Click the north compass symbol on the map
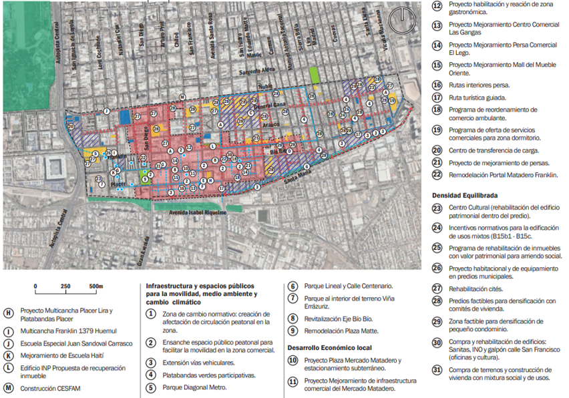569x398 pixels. tap(403, 20)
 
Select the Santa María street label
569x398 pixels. tap(297, 178)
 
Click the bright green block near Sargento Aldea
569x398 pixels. tap(315, 75)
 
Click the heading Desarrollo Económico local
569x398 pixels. tap(331, 347)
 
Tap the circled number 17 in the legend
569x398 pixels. tap(437, 97)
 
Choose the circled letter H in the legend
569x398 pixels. tap(9, 312)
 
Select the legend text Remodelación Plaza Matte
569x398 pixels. tap(341, 331)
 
